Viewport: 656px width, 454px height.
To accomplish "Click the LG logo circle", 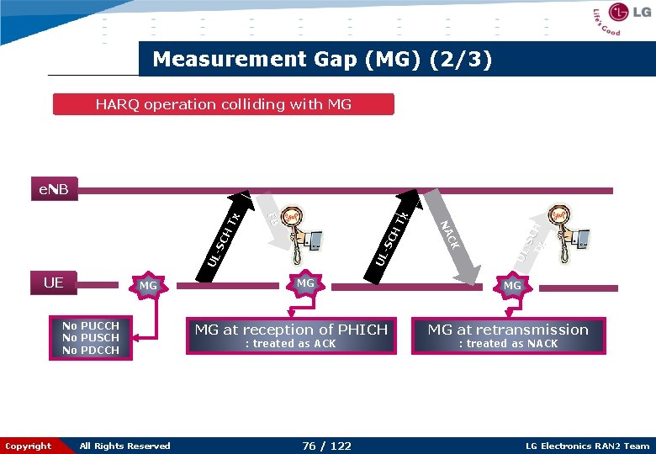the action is coord(619,12).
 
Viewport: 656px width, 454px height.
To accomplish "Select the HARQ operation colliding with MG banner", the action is coord(223,104).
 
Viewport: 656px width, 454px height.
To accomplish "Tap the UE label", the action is coord(53,282).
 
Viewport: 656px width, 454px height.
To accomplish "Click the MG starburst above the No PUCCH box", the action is coord(148,287).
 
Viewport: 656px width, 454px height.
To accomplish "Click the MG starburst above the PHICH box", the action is coord(305,283).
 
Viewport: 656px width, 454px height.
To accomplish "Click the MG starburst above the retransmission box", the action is coord(512,287).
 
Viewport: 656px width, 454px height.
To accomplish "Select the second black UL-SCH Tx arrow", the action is coord(393,231).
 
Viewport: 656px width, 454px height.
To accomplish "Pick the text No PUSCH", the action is coord(91,338).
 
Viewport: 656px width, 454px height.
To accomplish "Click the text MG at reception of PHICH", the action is coord(291,330).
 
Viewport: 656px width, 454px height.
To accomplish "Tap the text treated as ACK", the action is coord(290,344).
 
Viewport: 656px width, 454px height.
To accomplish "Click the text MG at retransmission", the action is coord(508,330).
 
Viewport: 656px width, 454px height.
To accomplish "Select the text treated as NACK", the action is coord(508,344).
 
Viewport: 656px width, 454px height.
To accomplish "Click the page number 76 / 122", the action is coord(326,446).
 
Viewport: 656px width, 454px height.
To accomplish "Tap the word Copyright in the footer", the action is coord(28,446).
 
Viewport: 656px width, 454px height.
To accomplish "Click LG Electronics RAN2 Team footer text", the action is coord(587,446).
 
